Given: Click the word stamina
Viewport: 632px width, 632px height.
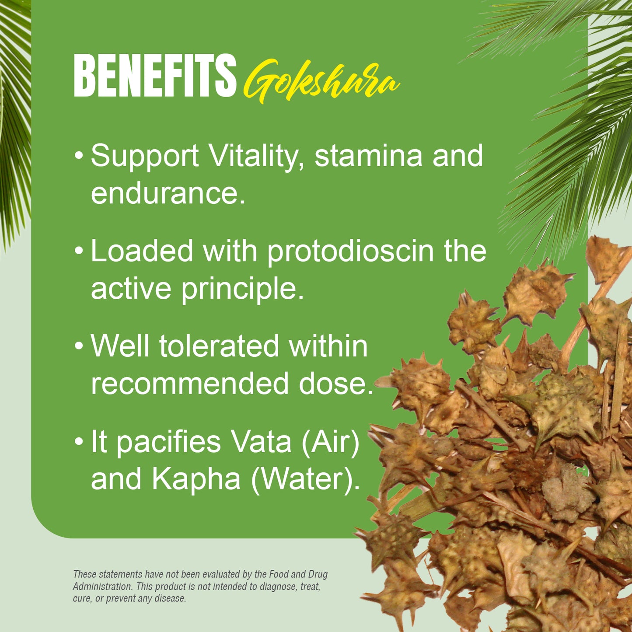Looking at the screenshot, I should click(368, 156).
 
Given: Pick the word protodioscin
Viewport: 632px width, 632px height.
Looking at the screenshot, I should click(350, 251).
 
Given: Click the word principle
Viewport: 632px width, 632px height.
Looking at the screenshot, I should click(242, 289).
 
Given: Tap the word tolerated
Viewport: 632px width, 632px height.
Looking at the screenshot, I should click(219, 346).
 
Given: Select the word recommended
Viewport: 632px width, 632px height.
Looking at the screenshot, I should click(190, 384).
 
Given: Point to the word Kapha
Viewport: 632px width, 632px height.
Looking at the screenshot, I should click(196, 479).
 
